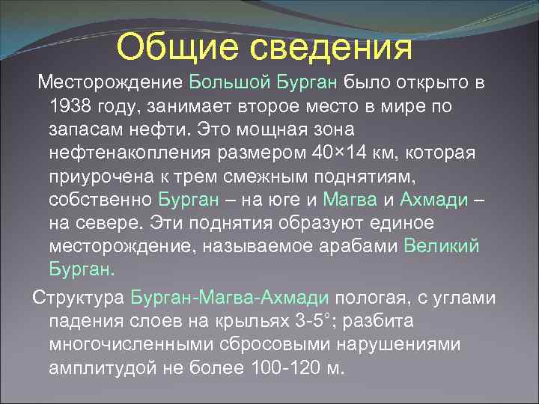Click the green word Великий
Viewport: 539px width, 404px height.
(442, 246)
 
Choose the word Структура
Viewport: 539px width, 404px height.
(79, 297)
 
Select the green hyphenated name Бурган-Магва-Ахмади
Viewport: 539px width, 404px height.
(229, 297)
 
